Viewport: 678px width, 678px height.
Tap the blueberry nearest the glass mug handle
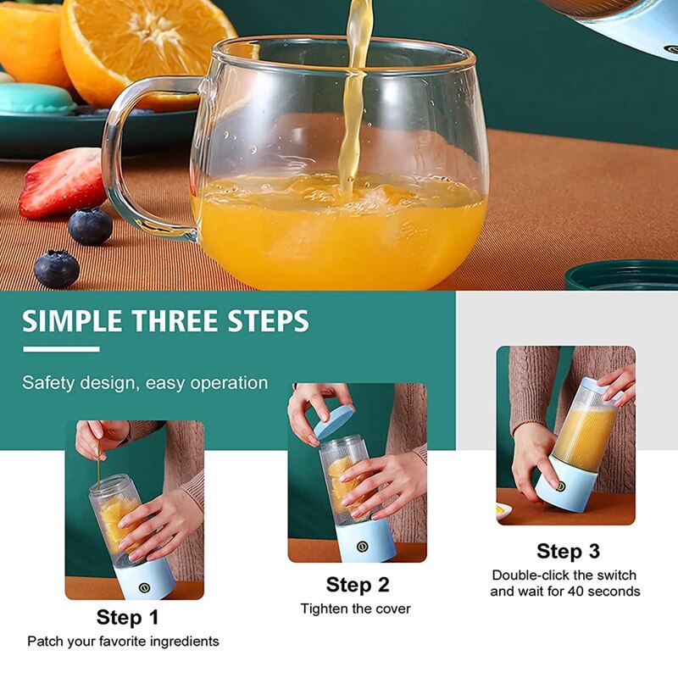coord(90,226)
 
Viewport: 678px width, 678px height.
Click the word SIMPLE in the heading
coord(73,322)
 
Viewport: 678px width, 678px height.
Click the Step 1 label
coord(127,617)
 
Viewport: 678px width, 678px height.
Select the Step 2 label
coord(358,585)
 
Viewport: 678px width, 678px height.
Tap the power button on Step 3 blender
coord(559,486)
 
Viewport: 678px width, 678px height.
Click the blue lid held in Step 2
coord(335,420)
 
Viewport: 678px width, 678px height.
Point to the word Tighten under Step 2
coord(325,609)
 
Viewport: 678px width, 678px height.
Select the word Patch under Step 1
coord(46,642)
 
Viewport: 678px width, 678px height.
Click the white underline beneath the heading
coord(61,348)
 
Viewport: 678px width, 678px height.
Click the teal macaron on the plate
coord(34,98)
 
